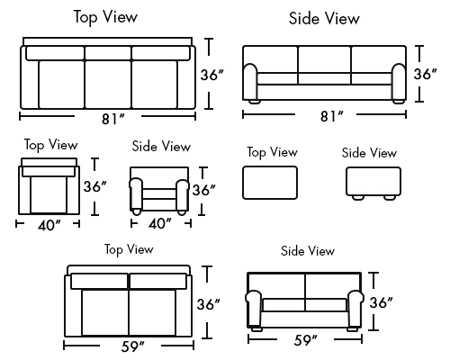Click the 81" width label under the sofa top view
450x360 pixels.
(112, 119)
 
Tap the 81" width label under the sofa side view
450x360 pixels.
(332, 116)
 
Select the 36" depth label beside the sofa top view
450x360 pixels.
(212, 75)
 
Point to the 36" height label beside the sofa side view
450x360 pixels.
(426, 74)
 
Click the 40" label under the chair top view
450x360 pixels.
(49, 225)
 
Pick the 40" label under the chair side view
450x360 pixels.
(160, 223)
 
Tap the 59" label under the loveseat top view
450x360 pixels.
(133, 346)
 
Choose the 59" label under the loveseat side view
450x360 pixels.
(305, 340)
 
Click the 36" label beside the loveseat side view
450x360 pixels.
(381, 302)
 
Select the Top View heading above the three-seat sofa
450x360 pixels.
(105, 17)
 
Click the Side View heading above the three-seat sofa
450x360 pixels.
(324, 19)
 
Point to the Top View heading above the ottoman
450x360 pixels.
(273, 152)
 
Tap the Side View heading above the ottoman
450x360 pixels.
(369, 153)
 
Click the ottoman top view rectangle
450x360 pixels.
(270, 183)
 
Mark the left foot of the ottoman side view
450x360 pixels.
(358, 198)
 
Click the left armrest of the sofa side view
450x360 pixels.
(250, 82)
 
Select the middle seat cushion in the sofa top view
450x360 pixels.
(108, 85)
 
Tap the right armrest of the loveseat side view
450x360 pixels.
(355, 309)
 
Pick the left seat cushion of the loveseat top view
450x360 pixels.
(105, 312)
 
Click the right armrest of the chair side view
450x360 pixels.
(183, 194)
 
